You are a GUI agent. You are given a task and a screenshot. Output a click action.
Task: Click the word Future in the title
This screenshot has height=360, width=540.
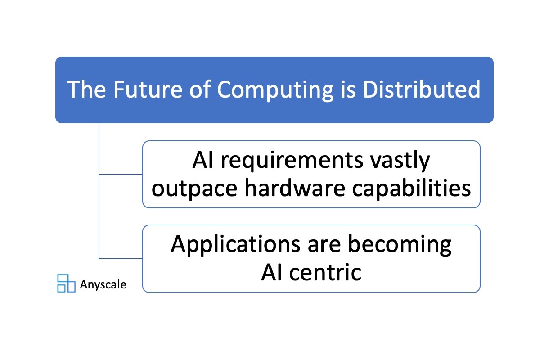(148, 89)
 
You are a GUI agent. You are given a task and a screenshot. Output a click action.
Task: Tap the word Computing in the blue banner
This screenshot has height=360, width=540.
(275, 90)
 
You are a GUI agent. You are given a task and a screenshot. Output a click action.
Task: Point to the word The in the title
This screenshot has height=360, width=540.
(86, 89)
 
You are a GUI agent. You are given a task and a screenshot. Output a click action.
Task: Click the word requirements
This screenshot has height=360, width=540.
(292, 161)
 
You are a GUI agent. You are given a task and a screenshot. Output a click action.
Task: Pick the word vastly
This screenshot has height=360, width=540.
(400, 161)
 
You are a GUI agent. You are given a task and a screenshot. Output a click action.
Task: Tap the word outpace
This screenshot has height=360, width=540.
(194, 189)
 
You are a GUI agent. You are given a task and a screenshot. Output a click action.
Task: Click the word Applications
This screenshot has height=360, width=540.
(235, 245)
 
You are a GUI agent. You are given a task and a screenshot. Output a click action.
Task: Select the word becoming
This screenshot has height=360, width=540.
(400, 245)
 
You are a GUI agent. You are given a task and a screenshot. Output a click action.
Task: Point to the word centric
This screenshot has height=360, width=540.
(325, 273)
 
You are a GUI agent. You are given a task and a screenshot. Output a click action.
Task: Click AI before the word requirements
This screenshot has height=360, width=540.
(203, 160)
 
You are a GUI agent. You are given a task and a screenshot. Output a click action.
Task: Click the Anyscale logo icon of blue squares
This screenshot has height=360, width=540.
(66, 283)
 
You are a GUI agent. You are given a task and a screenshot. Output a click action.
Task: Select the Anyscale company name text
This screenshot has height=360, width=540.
(103, 285)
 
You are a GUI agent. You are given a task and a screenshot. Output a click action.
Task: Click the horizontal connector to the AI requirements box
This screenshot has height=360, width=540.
(121, 174)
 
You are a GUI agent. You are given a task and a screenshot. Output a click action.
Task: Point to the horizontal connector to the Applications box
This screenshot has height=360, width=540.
(121, 259)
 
